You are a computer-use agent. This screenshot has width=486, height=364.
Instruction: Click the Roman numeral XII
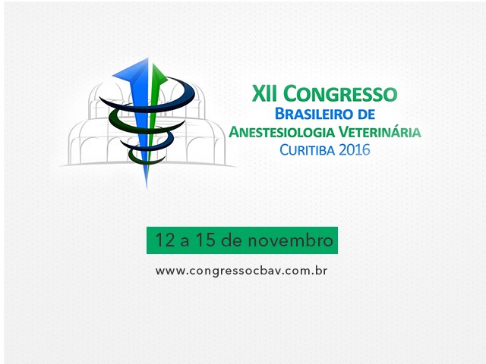[264, 94]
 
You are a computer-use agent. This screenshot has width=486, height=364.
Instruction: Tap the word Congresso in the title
[340, 94]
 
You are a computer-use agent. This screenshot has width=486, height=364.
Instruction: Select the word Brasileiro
[314, 114]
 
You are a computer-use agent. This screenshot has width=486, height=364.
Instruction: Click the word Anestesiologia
[282, 132]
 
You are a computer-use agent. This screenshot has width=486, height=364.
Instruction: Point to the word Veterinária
[380, 131]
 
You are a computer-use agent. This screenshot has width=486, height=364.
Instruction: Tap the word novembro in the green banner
[290, 240]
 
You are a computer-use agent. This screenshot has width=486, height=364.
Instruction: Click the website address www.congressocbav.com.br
[241, 271]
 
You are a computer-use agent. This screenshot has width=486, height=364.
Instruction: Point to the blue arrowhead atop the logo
[133, 71]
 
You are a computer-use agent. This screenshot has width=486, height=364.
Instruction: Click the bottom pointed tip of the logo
[147, 187]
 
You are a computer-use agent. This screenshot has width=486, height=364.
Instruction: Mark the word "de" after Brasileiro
[366, 114]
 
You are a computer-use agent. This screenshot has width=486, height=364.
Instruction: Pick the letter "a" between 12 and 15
[185, 242]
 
